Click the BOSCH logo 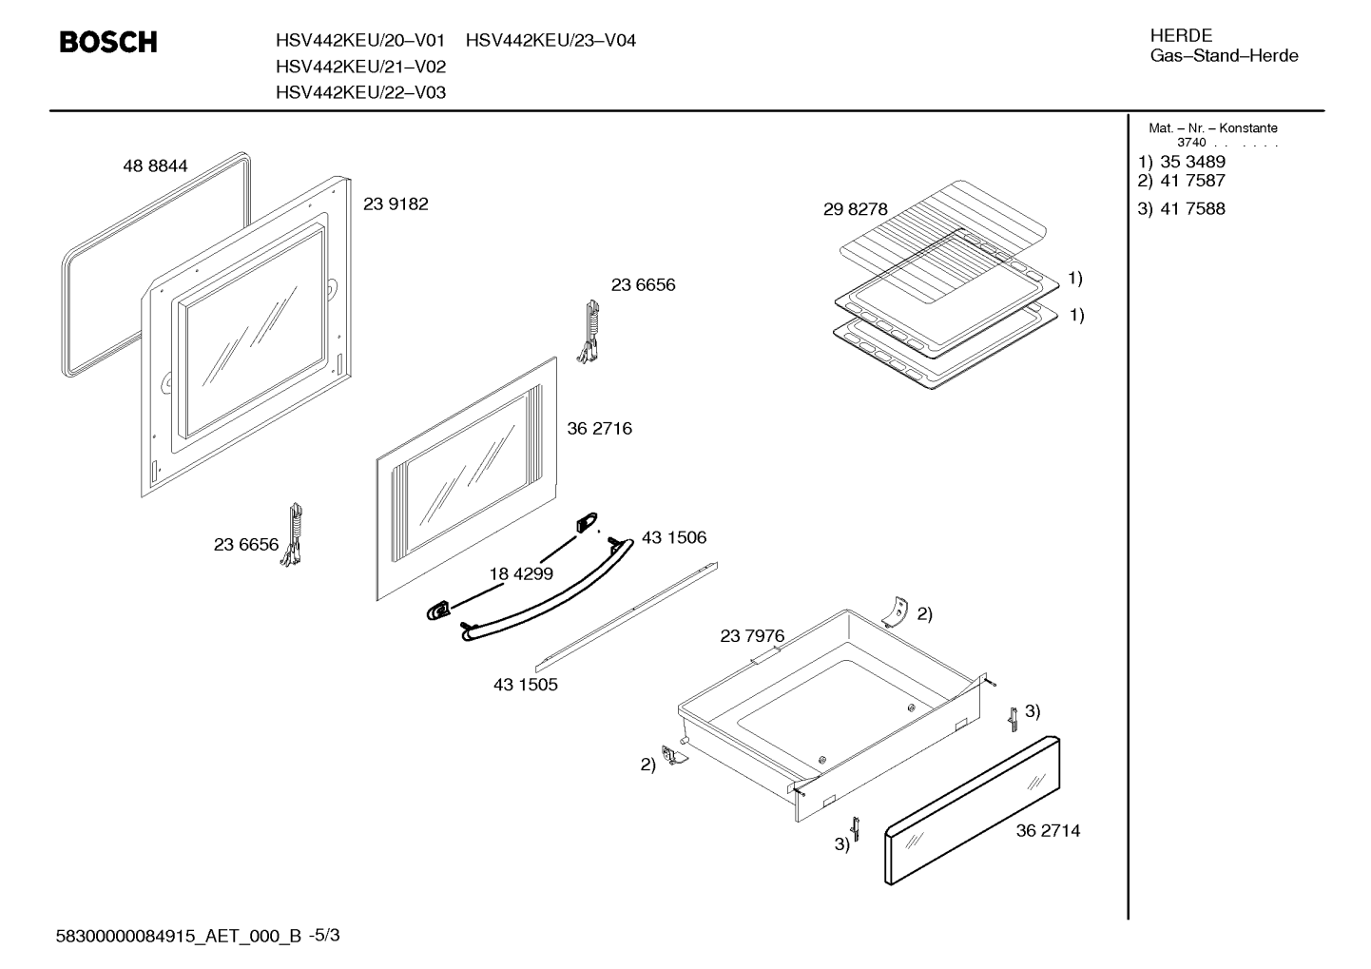click(108, 42)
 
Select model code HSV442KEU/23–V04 click(550, 40)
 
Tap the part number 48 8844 click(155, 165)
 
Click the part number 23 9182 click(396, 203)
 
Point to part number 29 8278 click(855, 209)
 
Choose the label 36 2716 click(599, 429)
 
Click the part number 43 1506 click(674, 537)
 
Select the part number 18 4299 click(521, 573)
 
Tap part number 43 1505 click(526, 685)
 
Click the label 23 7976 click(752, 636)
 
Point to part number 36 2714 click(1048, 831)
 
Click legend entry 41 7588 click(1193, 209)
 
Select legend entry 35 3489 click(1193, 162)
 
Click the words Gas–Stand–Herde click(1225, 56)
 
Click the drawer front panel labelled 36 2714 click(972, 810)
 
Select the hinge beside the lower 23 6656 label click(293, 534)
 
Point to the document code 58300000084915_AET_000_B click(179, 937)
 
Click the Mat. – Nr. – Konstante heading click(1213, 128)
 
